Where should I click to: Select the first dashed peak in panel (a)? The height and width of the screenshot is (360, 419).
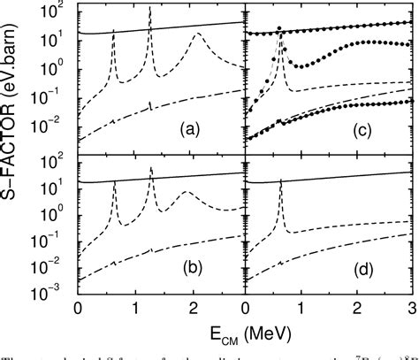113,31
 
